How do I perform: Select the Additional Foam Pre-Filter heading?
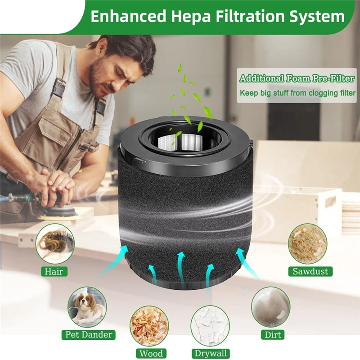[297, 79]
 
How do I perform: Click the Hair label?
[54, 271]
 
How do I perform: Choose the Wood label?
[151, 353]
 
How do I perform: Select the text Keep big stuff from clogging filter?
[297, 93]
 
